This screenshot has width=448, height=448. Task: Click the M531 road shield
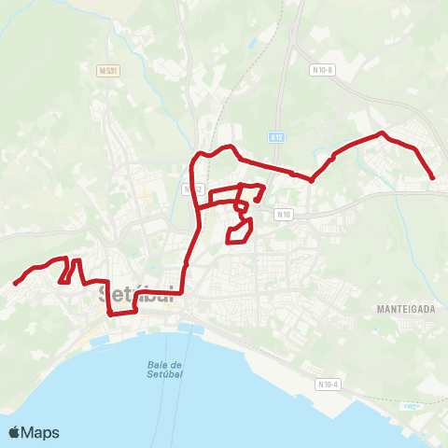[x=109, y=70]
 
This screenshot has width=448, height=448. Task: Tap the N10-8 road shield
[x=323, y=69]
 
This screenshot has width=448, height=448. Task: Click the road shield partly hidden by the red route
[x=193, y=189]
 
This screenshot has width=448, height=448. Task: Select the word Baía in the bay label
[x=158, y=364]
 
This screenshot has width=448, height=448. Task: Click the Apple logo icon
[x=15, y=432]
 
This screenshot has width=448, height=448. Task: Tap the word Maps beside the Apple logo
[x=40, y=432]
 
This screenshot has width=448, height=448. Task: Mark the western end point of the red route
[x=16, y=283]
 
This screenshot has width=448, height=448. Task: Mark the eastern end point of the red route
[x=433, y=177]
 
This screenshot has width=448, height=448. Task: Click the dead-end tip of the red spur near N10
[x=255, y=201]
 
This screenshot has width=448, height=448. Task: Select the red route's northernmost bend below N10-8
[x=381, y=134]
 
